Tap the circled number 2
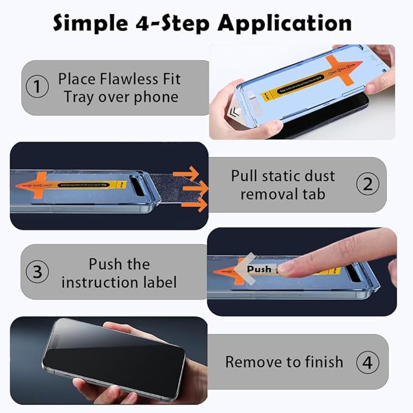tap(367, 184)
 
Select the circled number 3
tap(38, 272)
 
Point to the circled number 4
tap(367, 362)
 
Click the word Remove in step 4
tap(252, 362)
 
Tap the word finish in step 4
tap(322, 362)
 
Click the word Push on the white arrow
tap(259, 269)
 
